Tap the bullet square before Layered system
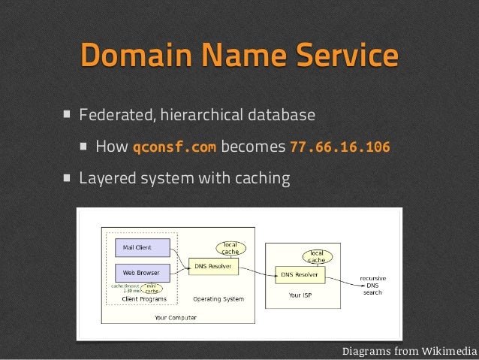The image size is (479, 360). click(x=68, y=179)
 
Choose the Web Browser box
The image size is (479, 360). click(x=141, y=271)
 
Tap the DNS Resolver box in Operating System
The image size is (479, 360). click(x=216, y=266)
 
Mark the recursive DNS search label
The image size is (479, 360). click(x=373, y=285)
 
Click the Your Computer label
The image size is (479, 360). click(x=176, y=318)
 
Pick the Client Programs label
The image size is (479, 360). click(x=142, y=298)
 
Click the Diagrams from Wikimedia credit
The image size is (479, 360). click(x=409, y=351)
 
